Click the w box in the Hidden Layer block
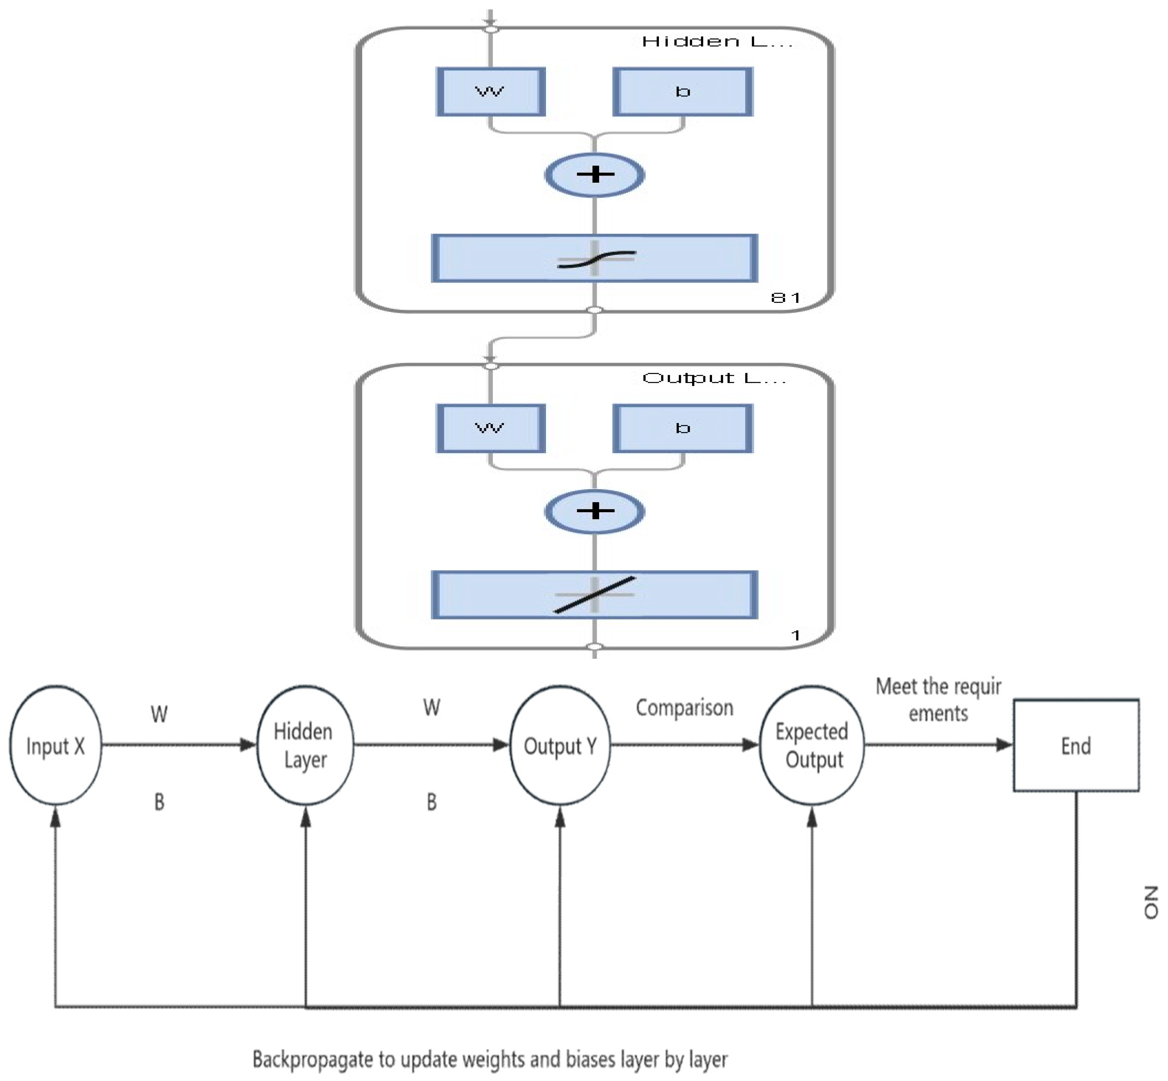tap(490, 92)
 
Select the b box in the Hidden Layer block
tap(683, 92)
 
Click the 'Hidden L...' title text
tap(717, 41)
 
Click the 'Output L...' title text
tap(714, 379)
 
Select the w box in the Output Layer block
tap(490, 428)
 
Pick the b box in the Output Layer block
tap(683, 428)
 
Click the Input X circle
tap(56, 746)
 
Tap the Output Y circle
tap(560, 746)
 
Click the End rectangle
tap(1076, 746)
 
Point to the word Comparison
tap(684, 708)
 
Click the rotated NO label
tap(1150, 902)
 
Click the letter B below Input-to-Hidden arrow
tap(159, 802)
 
